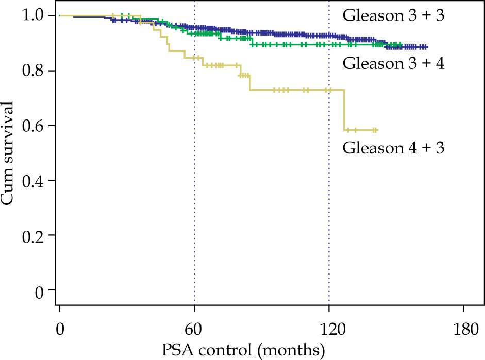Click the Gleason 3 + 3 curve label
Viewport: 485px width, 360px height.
tap(393, 16)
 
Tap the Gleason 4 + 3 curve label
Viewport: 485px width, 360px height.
tap(393, 148)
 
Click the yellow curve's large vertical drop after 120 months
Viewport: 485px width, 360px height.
tap(344, 110)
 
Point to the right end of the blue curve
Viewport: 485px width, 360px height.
tap(427, 47)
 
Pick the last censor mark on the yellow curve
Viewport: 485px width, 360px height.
tap(376, 130)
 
